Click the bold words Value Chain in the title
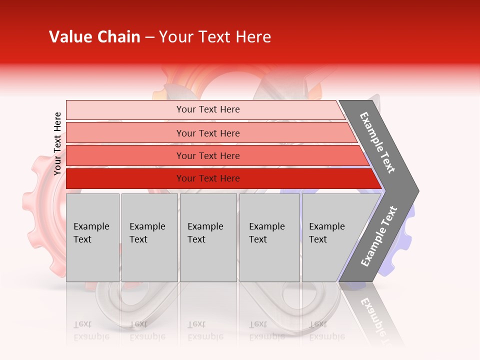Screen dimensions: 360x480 click(x=94, y=37)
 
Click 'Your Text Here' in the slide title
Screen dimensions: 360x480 click(x=215, y=37)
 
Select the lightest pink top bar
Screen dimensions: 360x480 click(x=125, y=110)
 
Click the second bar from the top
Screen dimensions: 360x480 click(x=125, y=133)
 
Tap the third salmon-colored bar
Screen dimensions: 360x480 click(x=125, y=155)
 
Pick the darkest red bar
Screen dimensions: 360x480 click(x=125, y=178)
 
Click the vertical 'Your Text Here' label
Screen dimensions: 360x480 click(x=57, y=143)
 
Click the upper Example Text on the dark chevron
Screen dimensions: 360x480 click(x=377, y=142)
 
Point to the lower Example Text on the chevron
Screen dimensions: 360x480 click(x=378, y=236)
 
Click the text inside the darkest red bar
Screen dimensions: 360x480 click(x=208, y=178)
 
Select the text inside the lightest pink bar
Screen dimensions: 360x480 click(x=208, y=109)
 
